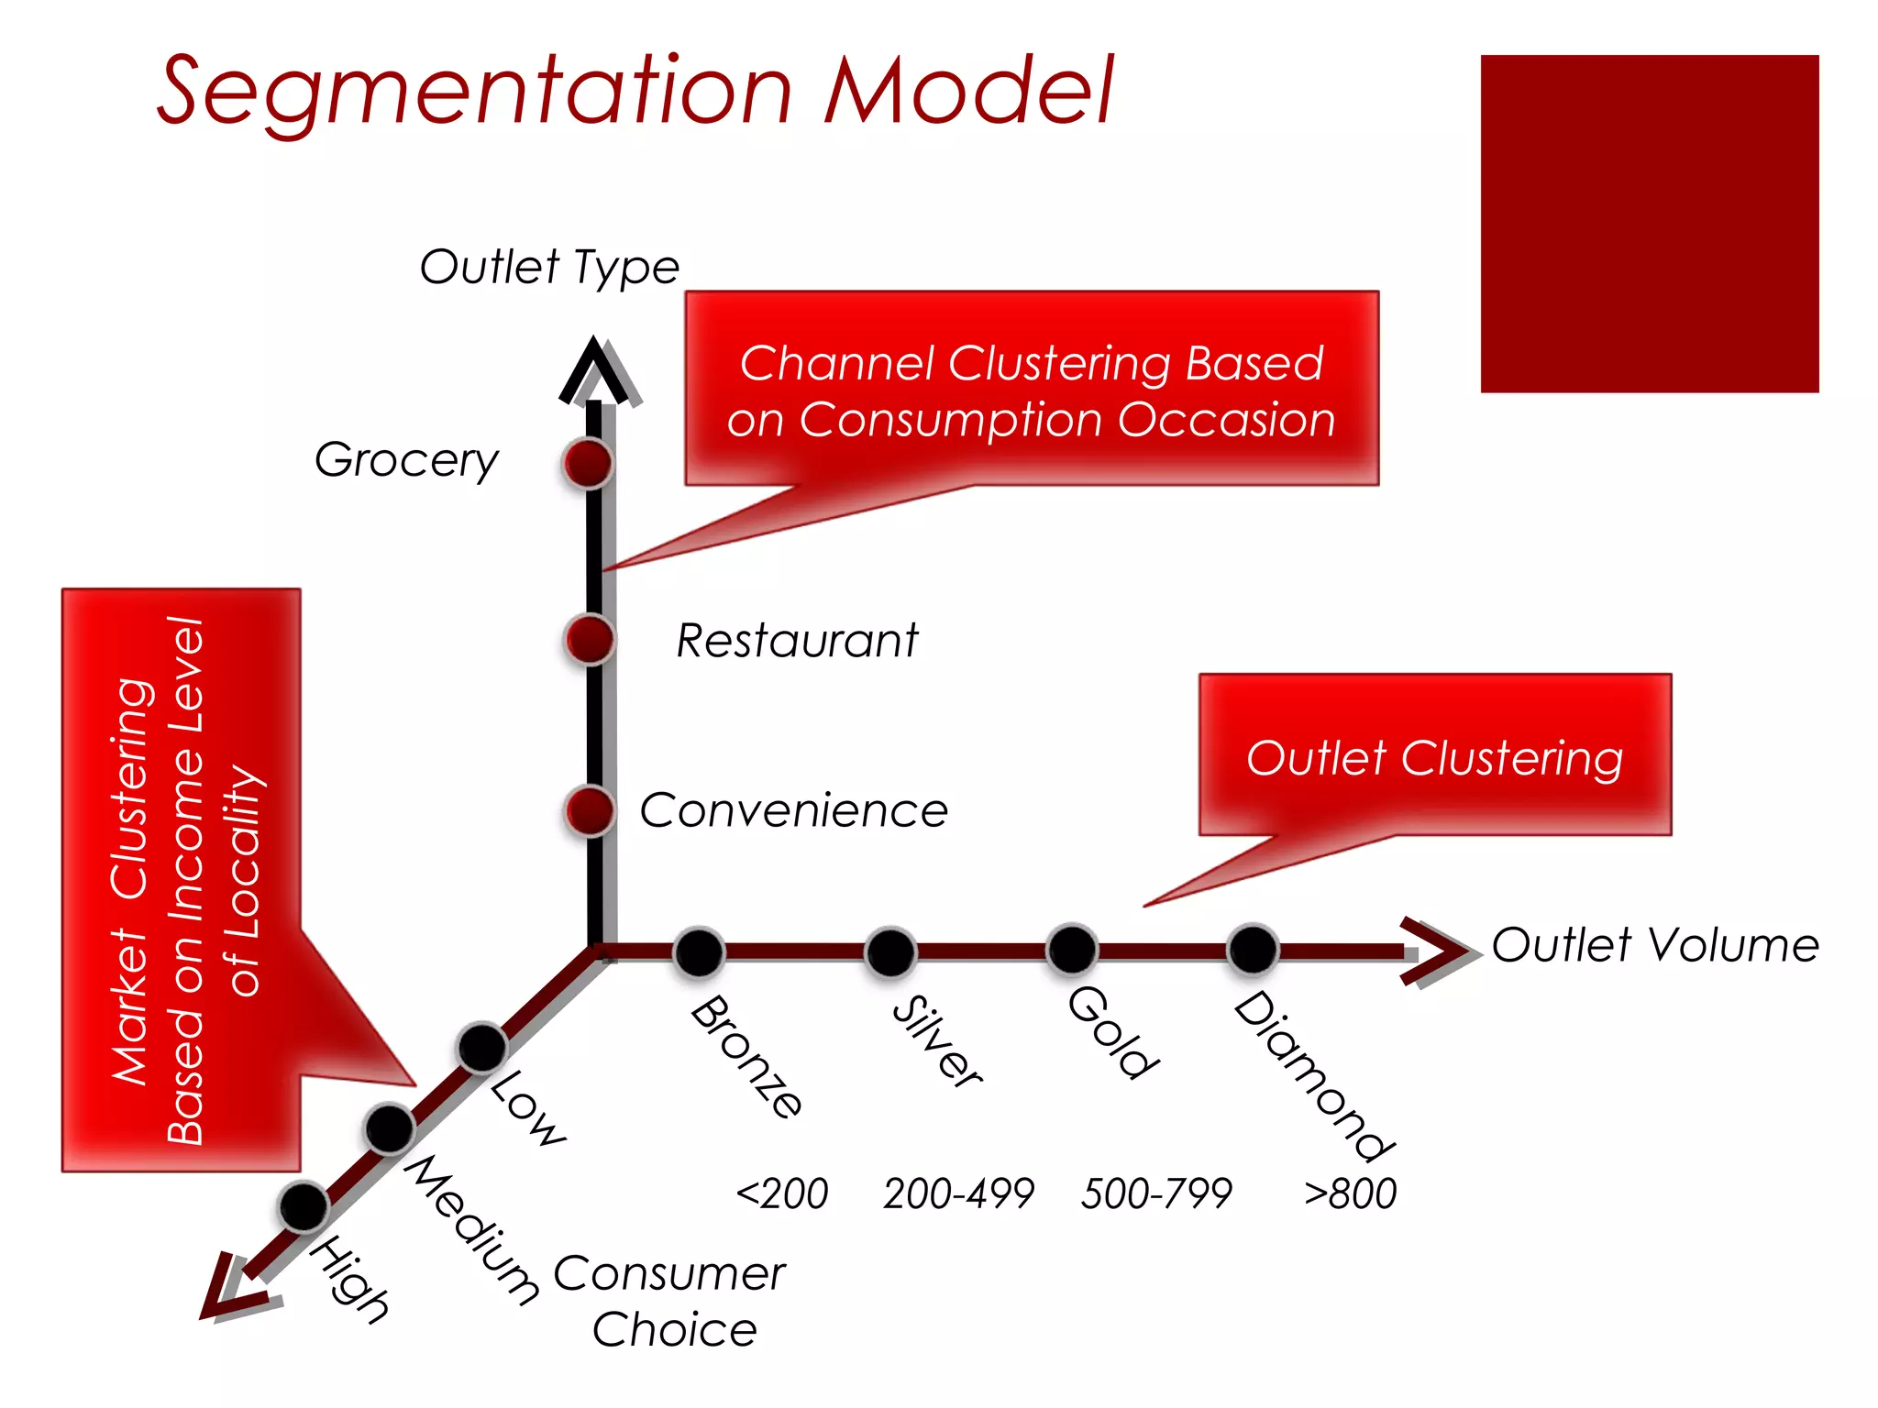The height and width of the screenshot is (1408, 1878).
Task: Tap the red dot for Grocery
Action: click(589, 463)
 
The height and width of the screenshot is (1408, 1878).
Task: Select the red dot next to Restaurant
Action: click(590, 639)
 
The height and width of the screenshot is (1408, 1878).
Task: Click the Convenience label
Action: click(793, 810)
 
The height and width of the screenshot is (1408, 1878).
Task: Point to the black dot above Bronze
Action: click(699, 952)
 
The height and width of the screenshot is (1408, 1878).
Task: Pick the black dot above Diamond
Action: click(1253, 950)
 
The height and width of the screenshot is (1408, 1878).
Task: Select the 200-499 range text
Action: click(958, 1193)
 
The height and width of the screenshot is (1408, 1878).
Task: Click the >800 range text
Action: click(1350, 1193)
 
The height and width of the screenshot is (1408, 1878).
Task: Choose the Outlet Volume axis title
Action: click(1654, 945)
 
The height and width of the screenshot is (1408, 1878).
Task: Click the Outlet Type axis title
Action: click(549, 267)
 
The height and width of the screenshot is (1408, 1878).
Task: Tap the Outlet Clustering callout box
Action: click(1434, 755)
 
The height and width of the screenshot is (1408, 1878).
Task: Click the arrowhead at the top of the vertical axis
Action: click(595, 371)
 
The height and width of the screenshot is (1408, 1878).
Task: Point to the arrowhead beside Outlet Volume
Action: click(1435, 952)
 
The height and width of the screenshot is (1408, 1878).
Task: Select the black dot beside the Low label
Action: click(482, 1047)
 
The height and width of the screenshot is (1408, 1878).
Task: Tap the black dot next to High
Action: click(304, 1206)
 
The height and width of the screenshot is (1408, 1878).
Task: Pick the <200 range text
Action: click(782, 1193)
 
